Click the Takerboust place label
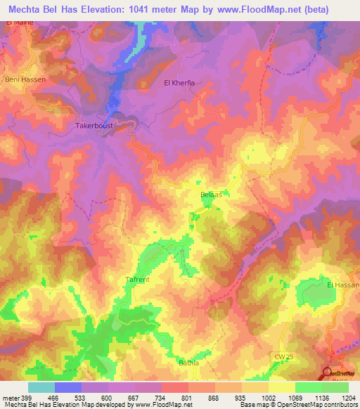coord(94,126)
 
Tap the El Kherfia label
coord(179,83)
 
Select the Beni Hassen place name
coord(25,79)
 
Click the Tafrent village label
coord(138,279)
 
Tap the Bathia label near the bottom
coord(188,363)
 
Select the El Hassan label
coord(342,285)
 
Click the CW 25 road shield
coord(283,358)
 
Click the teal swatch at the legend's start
coord(41,387)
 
